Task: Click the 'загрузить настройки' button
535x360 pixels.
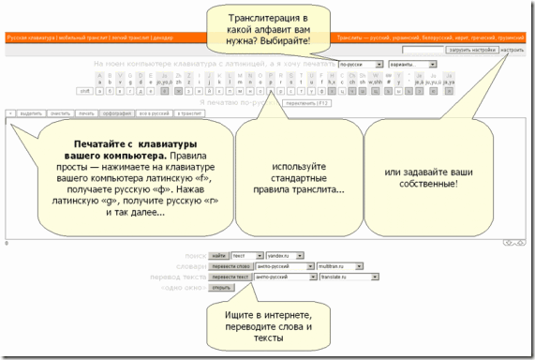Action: [x=472, y=49]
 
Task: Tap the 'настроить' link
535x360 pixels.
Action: [x=513, y=49]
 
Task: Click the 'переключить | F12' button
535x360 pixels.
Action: [x=305, y=102]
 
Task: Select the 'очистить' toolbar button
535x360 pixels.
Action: [x=59, y=112]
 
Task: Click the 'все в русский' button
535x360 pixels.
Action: [x=150, y=112]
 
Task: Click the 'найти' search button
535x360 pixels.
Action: [x=219, y=254]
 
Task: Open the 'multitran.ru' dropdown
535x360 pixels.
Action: [x=347, y=265]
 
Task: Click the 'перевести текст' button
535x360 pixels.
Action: [x=230, y=277]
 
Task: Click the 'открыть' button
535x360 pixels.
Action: [x=222, y=288]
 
